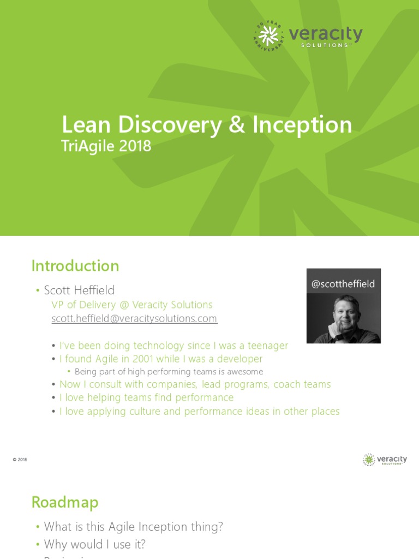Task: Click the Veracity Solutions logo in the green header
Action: [308, 37]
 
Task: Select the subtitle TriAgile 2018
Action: [106, 146]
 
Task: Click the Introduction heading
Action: [75, 266]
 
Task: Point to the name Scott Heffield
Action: [79, 290]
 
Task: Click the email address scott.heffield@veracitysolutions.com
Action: [134, 318]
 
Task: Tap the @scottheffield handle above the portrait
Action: [343, 284]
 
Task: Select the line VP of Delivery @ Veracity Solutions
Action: [131, 305]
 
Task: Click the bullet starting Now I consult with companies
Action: [195, 384]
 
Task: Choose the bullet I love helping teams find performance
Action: [146, 397]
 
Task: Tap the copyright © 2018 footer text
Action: [20, 460]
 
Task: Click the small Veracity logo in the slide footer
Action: [385, 460]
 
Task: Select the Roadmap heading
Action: [65, 502]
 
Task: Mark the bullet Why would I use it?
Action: [94, 544]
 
